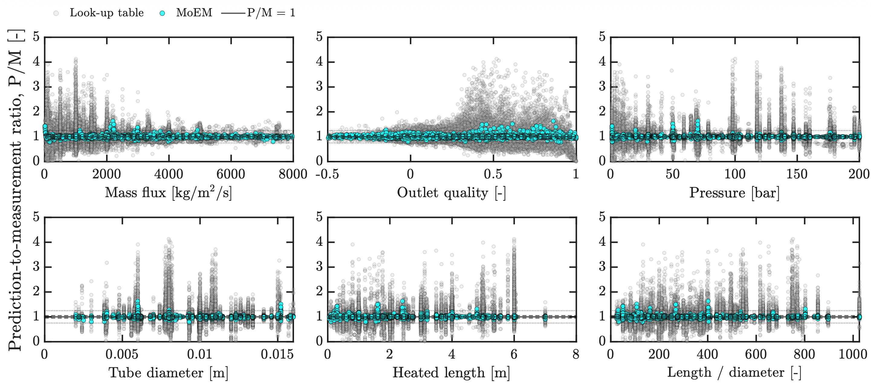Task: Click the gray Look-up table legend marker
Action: click(56, 13)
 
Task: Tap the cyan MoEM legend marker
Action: click(162, 13)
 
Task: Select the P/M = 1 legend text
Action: click(271, 13)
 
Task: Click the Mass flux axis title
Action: click(168, 193)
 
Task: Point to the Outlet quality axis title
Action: click(452, 193)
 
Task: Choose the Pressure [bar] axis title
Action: click(734, 193)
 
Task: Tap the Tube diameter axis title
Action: click(168, 373)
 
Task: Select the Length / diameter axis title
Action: click(734, 373)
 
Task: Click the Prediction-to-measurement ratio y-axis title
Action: click(15, 190)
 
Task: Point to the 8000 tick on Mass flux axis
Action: click(293, 174)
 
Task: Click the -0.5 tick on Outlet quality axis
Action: click(327, 174)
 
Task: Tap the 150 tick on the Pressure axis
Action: click(797, 174)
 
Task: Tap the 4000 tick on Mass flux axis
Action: click(168, 174)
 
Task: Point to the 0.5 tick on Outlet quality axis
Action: click(493, 174)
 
